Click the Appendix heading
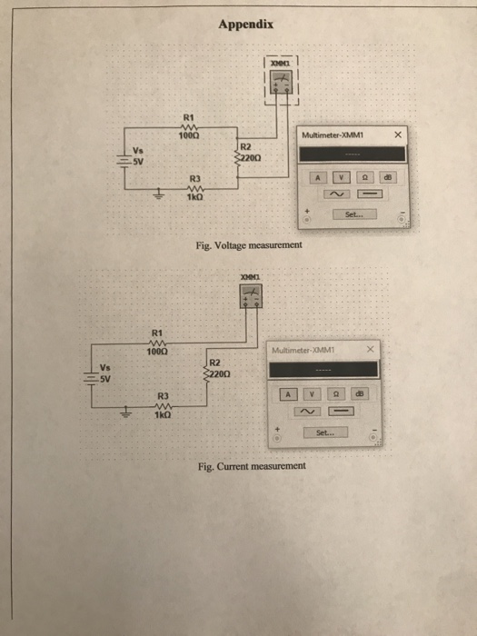click(240, 25)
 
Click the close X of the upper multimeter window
click(398, 135)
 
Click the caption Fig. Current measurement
click(252, 467)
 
